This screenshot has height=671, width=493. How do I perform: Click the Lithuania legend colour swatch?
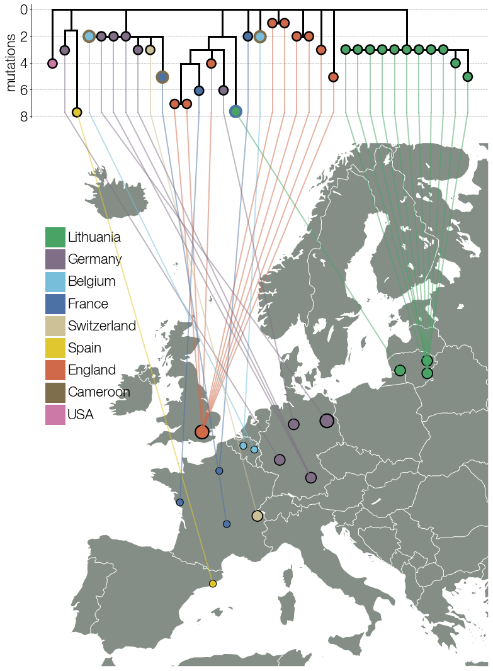pyautogui.click(x=55, y=237)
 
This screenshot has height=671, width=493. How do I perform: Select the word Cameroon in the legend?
pyautogui.click(x=99, y=392)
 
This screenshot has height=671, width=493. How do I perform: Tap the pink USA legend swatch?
pyautogui.click(x=55, y=414)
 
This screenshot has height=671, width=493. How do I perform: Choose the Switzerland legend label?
pyautogui.click(x=102, y=326)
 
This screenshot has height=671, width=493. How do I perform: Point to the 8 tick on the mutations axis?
pyautogui.click(x=24, y=116)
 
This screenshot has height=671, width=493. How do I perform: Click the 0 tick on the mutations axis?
pyautogui.click(x=24, y=9)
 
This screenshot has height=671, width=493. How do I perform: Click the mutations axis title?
pyautogui.click(x=11, y=62)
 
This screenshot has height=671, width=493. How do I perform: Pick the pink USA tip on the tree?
pyautogui.click(x=52, y=63)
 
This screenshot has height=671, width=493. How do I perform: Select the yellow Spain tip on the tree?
pyautogui.click(x=77, y=112)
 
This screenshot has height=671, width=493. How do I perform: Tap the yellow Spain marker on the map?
pyautogui.click(x=213, y=584)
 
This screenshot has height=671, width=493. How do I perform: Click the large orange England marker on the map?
pyautogui.click(x=201, y=432)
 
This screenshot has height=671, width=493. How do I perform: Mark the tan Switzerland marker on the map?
pyautogui.click(x=257, y=516)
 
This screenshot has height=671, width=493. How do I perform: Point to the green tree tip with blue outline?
pyautogui.click(x=235, y=111)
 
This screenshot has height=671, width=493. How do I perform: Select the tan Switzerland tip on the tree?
pyautogui.click(x=150, y=50)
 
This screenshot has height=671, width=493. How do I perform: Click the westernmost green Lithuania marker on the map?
pyautogui.click(x=399, y=370)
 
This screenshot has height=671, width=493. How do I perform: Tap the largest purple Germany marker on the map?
pyautogui.click(x=326, y=420)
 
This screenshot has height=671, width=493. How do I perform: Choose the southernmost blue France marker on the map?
pyautogui.click(x=227, y=524)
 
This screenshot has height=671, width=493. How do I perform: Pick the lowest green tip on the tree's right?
pyautogui.click(x=467, y=76)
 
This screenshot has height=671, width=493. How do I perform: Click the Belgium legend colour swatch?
pyautogui.click(x=55, y=281)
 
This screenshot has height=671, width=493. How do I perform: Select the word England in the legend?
pyautogui.click(x=92, y=370)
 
